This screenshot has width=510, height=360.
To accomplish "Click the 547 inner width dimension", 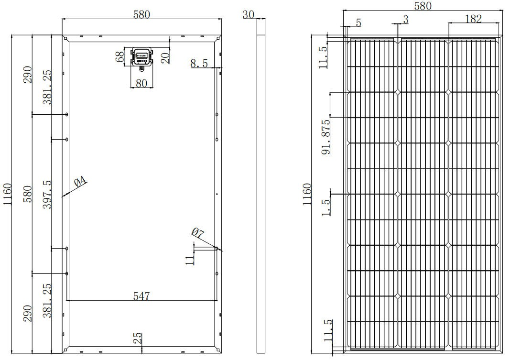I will [x=141, y=296].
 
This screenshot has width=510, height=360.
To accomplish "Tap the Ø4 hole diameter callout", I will [x=81, y=182].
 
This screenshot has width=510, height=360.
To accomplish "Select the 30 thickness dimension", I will [x=248, y=14].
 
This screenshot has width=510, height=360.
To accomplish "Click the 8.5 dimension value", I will [x=199, y=63].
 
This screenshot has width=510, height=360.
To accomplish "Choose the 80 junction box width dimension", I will [x=141, y=83].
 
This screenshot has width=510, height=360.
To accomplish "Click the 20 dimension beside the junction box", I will [x=165, y=57].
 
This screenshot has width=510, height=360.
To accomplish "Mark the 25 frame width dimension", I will [x=137, y=338].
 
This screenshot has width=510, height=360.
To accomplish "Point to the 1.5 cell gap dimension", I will [x=326, y=207].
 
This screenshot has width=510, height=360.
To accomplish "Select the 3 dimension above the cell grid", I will [x=405, y=19].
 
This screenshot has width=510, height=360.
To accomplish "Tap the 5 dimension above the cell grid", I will [x=358, y=23].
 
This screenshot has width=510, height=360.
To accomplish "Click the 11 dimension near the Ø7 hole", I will [x=190, y=260].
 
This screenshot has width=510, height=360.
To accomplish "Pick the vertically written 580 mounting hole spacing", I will [x=28, y=194].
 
